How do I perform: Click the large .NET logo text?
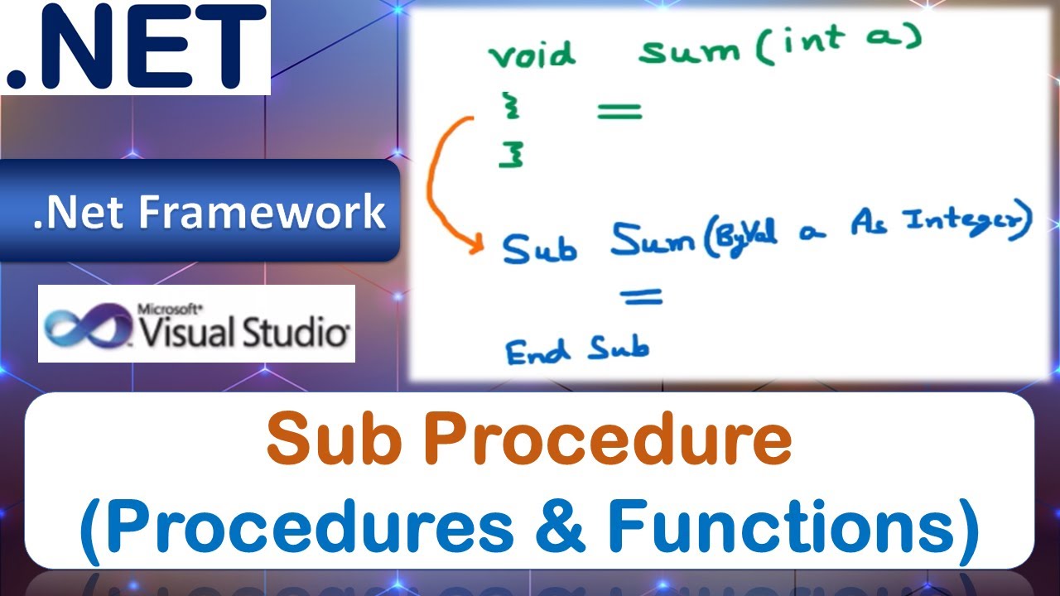tap(135, 47)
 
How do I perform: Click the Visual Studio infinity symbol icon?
tap(87, 324)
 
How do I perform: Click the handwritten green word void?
tap(532, 55)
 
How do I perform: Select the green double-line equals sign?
tap(619, 110)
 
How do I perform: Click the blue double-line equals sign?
tap(642, 296)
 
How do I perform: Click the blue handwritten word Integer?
tap(969, 223)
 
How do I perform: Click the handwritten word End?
tap(538, 352)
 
